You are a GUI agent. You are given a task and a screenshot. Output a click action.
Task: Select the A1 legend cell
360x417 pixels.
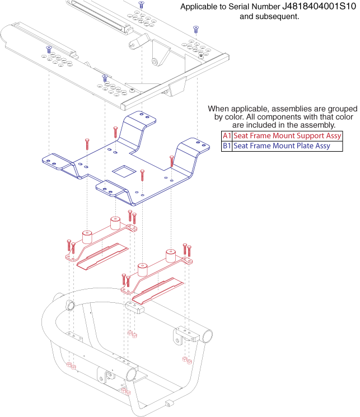227,136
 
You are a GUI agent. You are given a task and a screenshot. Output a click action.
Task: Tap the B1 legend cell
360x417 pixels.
227,146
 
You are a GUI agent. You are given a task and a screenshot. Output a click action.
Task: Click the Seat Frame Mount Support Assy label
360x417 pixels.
287,136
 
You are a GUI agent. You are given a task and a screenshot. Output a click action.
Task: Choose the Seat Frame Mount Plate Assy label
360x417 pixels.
281,146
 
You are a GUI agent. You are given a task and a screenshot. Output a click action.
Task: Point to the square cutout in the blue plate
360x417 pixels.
121,170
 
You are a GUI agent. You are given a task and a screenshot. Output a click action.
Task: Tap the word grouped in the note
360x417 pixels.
342,108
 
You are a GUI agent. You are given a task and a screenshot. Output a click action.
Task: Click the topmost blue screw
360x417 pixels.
141,4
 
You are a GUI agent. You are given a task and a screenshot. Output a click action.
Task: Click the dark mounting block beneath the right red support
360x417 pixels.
136,307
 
